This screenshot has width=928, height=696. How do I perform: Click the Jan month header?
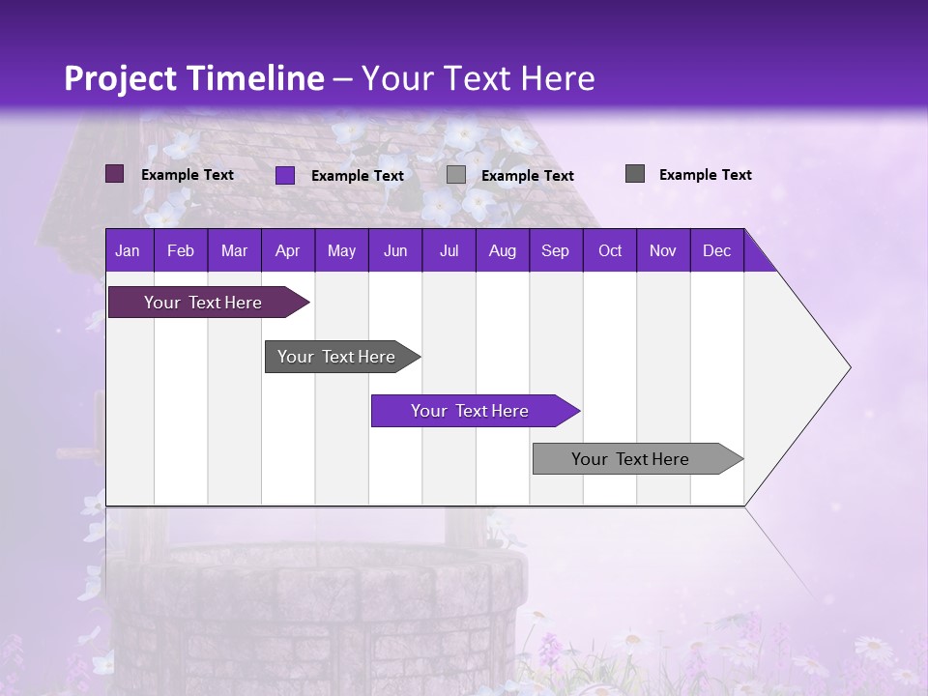[128, 250]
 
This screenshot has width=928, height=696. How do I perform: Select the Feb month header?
[181, 250]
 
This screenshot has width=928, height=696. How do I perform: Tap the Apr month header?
[287, 250]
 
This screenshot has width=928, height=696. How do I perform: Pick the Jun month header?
[395, 250]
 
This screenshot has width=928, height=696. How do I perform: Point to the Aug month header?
[502, 250]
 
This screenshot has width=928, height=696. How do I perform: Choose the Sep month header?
[555, 250]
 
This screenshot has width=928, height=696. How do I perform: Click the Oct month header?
[610, 250]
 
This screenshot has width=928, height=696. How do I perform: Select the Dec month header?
[716, 250]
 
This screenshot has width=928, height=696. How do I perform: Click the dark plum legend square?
[114, 174]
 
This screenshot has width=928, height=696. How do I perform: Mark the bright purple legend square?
[284, 175]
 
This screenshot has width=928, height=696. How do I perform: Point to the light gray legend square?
[456, 175]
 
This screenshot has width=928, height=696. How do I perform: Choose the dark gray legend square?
[634, 174]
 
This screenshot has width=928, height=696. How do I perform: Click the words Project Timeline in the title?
[193, 78]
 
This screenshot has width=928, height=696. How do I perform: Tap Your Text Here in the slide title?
[478, 78]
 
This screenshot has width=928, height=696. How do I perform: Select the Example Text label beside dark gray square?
[705, 175]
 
